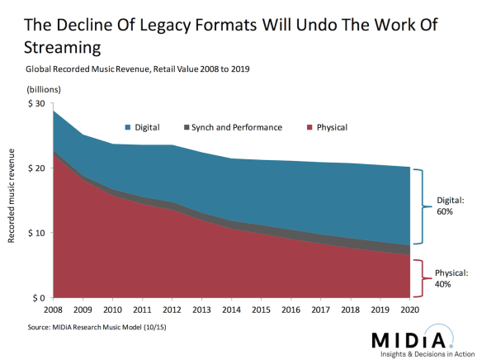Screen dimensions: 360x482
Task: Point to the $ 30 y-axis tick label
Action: tap(37, 103)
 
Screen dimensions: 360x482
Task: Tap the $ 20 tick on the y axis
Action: tap(37, 168)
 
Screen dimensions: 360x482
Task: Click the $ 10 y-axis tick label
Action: tap(37, 233)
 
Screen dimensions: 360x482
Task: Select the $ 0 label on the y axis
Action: tap(40, 297)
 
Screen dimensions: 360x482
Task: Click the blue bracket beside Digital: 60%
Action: tap(420, 206)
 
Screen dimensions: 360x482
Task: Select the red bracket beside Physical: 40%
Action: tap(420, 272)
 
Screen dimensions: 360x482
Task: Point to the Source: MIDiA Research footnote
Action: tap(92, 328)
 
